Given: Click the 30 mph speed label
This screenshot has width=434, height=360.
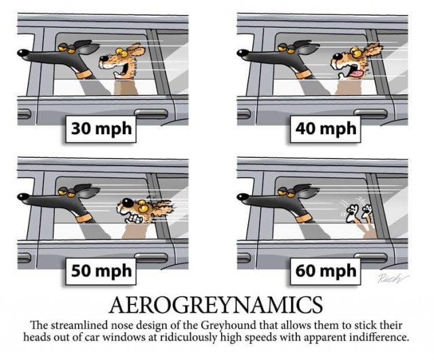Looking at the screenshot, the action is point(101,129).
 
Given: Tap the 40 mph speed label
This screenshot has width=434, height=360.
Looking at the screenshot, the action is point(325,129).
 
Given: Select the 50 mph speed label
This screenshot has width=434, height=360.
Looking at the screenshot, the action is point(101,271).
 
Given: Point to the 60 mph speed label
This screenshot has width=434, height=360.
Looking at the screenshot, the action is point(325,271).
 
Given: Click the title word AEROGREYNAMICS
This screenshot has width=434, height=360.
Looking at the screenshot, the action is point(216,304).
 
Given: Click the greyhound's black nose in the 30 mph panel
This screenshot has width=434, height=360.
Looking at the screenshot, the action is point(22,52).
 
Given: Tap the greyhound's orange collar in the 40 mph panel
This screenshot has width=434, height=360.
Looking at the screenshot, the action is point(304,74).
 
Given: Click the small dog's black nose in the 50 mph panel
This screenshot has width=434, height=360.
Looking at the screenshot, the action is point(127,202).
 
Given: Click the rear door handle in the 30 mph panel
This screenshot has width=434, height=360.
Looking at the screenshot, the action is point(151,113).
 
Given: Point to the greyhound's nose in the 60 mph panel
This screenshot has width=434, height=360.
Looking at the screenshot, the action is point(241,196).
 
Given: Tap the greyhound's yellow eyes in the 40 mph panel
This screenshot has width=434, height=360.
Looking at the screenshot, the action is point(287,49).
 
